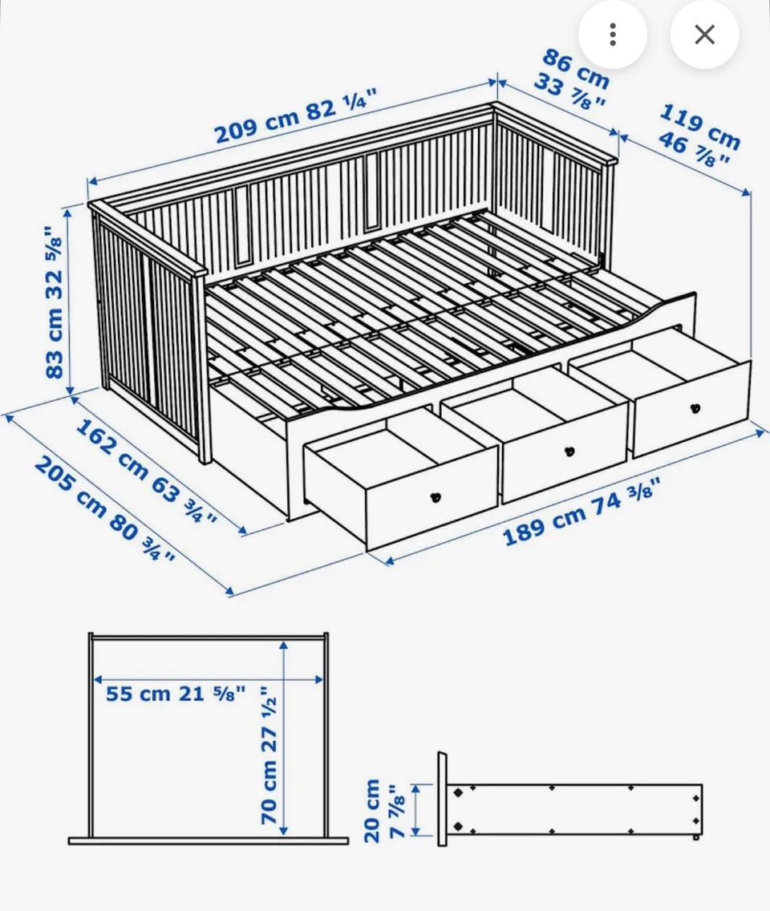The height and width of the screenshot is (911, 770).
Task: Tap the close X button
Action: pyautogui.click(x=704, y=34)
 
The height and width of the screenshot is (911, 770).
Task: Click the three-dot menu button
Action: pyautogui.click(x=613, y=34)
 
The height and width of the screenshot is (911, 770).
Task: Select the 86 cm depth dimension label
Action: pyautogui.click(x=576, y=69)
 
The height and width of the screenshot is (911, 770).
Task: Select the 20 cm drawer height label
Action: pyautogui.click(x=372, y=811)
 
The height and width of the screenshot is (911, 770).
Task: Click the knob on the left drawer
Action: pyautogui.click(x=436, y=497)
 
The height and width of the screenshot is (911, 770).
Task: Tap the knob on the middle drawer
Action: pyautogui.click(x=569, y=451)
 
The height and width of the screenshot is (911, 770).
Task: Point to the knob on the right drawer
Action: pyautogui.click(x=695, y=408)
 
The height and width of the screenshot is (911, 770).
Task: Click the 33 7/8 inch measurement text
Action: pyautogui.click(x=570, y=91)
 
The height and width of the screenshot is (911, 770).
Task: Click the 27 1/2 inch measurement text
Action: pyautogui.click(x=269, y=719)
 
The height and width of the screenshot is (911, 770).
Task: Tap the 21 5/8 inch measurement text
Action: pyautogui.click(x=212, y=693)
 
